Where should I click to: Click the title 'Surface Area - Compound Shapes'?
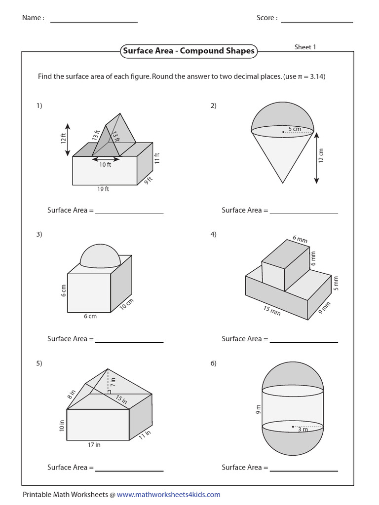pos(189,51)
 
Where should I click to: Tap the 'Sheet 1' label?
pos(305,47)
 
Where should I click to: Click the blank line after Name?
pos(94,22)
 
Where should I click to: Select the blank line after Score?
pos(317,22)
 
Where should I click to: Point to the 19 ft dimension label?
pos(104,189)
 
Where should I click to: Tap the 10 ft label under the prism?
pos(105,165)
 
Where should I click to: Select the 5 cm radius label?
pos(295,129)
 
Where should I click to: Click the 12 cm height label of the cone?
pos(322,155)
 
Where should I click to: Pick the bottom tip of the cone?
pos(283,182)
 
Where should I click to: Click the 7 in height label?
pos(113,381)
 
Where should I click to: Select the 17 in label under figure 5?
pos(94,445)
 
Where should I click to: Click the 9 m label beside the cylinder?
pos(258,409)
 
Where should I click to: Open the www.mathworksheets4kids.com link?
pos(168,495)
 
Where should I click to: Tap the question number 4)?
pos(214,234)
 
